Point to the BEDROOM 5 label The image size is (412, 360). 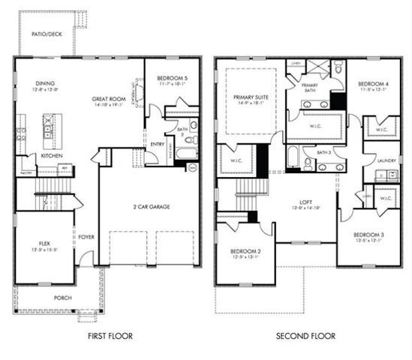coord(172,79)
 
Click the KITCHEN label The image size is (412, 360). coord(52,155)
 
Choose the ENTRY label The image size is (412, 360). coord(158,144)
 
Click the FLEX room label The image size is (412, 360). coord(44,244)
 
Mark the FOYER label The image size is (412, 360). coord(86,238)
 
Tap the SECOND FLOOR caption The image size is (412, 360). coord(305,336)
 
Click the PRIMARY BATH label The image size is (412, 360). coord(311,85)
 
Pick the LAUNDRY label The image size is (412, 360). coord(386,160)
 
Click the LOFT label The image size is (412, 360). coord(306,202)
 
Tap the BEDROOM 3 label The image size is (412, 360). coord(370,235)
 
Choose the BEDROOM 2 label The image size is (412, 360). coord(245,250)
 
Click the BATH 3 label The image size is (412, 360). coord(323,152)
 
